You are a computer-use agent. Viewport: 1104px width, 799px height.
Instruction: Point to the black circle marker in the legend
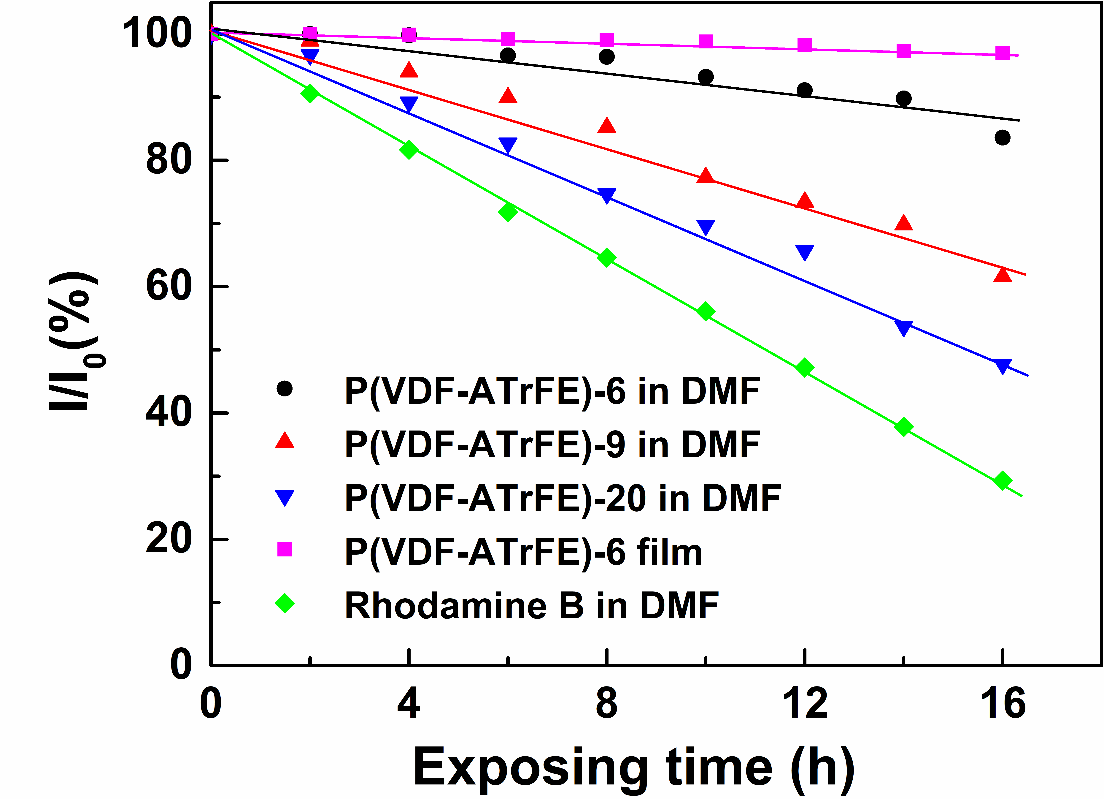click(284, 388)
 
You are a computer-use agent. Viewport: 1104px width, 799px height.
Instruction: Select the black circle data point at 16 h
click(1002, 138)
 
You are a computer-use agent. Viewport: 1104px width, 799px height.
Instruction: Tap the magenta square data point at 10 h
click(705, 41)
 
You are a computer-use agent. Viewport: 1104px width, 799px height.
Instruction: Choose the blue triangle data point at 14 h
click(903, 328)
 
